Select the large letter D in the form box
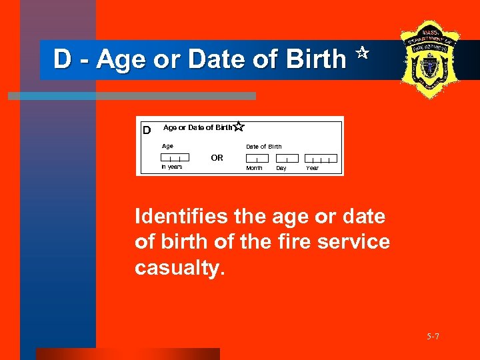click(x=147, y=129)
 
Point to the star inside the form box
click(x=239, y=126)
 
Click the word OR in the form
click(x=217, y=158)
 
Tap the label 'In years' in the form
click(x=171, y=167)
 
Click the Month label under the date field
click(x=254, y=168)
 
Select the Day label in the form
click(x=281, y=168)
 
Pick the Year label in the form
click(x=312, y=168)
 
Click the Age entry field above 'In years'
click(x=171, y=158)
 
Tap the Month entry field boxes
click(x=257, y=159)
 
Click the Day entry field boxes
click(x=287, y=159)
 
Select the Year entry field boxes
click(x=321, y=159)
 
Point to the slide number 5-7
click(x=433, y=337)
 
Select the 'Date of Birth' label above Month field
click(x=263, y=147)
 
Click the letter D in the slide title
click(x=62, y=60)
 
